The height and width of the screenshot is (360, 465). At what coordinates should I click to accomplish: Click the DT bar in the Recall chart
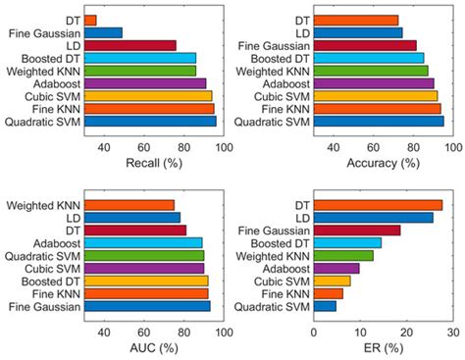pos(90,20)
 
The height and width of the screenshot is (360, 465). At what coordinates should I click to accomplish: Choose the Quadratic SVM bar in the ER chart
pos(325,306)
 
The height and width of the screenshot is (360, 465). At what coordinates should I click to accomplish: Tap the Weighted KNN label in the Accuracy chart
pos(270,71)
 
